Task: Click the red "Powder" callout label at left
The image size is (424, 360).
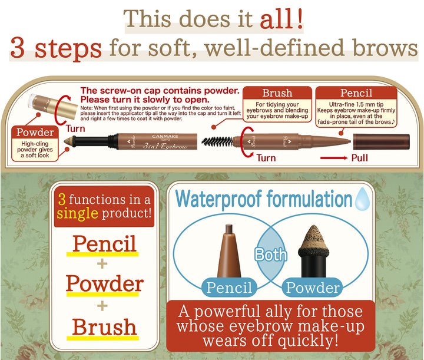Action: click(x=35, y=132)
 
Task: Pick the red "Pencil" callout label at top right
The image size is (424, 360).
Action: click(x=356, y=93)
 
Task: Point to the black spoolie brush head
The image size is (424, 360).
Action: click(x=216, y=141)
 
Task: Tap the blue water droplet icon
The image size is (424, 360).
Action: click(x=362, y=197)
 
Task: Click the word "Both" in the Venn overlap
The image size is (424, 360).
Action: click(x=270, y=255)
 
